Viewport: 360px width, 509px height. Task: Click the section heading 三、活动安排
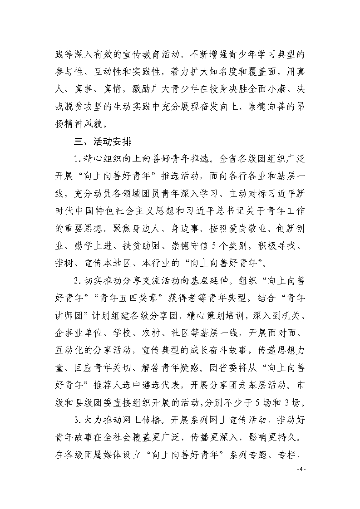pos(103,142)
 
